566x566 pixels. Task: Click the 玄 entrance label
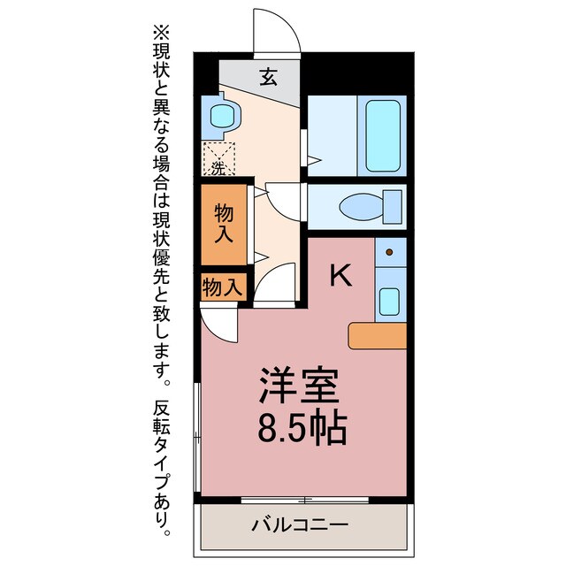[x=268, y=77]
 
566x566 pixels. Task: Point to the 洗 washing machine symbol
[x=217, y=160]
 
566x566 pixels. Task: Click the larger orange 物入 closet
[x=224, y=224]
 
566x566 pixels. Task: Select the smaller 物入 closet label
[x=222, y=287]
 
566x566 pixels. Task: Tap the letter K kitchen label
[x=340, y=277]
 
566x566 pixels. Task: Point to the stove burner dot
[x=390, y=254]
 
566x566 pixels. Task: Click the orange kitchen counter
[x=378, y=335]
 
